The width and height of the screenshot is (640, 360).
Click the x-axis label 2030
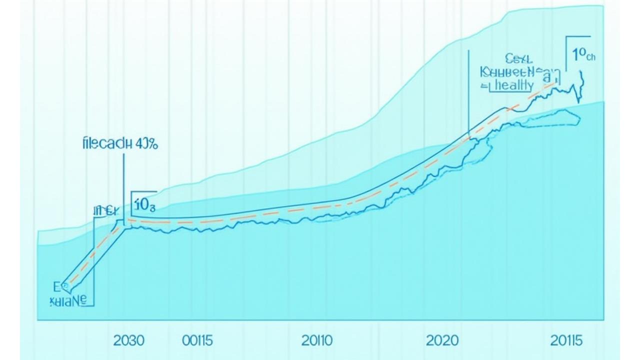128,341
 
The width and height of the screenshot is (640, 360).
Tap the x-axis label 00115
197,341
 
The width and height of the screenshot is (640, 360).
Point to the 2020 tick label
441,341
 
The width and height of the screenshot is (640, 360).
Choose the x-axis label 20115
566,341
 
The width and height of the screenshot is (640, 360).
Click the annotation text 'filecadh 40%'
119,144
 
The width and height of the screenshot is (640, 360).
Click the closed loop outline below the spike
550,118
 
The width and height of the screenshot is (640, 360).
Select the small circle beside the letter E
65,286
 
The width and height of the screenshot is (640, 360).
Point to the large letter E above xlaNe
56,286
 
